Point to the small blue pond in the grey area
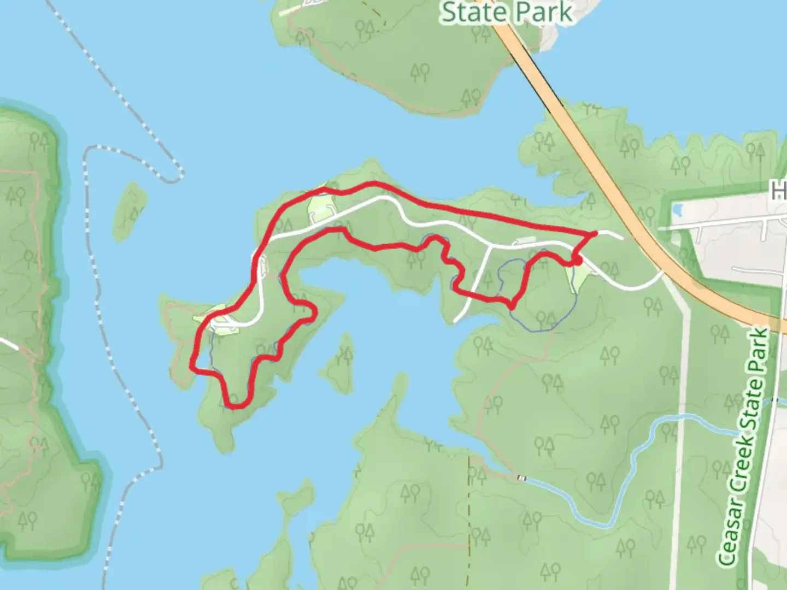(678, 210)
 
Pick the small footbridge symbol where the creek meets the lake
(522, 479)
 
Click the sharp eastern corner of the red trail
(595, 233)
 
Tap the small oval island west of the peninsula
(130, 211)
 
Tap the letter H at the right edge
(778, 191)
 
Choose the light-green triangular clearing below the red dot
(579, 279)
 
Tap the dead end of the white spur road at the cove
(456, 321)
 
